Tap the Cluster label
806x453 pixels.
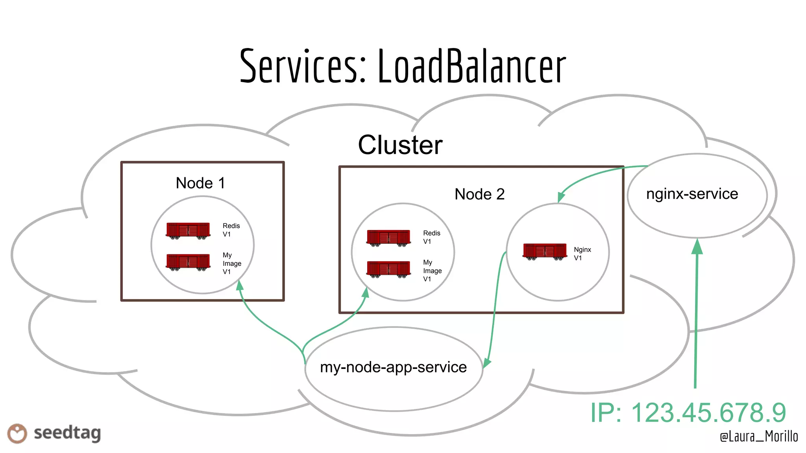point(400,145)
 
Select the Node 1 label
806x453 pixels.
point(200,183)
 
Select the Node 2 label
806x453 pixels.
point(479,194)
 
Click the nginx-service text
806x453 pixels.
point(692,194)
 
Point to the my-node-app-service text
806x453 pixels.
point(393,367)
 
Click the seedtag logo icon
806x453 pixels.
point(17,433)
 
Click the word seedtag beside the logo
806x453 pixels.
point(67,433)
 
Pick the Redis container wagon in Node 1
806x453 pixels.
point(188,230)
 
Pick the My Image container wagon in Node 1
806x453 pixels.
point(188,262)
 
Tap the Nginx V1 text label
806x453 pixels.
point(582,254)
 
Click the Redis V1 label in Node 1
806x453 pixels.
point(231,230)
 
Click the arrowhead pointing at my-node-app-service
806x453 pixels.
point(487,363)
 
